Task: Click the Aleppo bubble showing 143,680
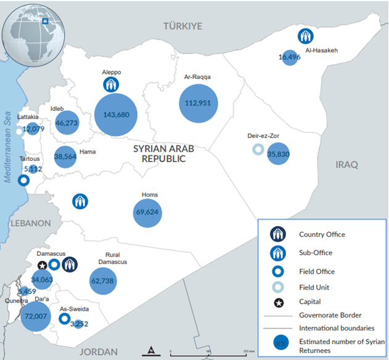pyautogui.click(x=116, y=115)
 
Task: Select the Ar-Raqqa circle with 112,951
pyautogui.click(x=199, y=103)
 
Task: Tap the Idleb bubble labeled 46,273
pyautogui.click(x=67, y=123)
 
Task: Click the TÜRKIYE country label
pyautogui.click(x=182, y=26)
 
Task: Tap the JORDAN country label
pyautogui.click(x=98, y=352)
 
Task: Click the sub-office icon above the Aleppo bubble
pyautogui.click(x=112, y=84)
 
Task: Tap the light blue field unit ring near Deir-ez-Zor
pyautogui.click(x=258, y=149)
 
